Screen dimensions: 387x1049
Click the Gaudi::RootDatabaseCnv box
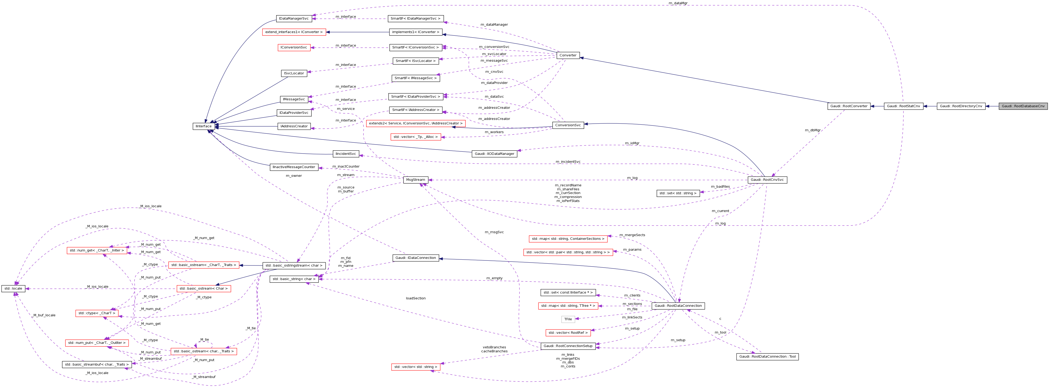tap(1023, 106)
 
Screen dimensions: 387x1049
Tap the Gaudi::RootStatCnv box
tap(903, 106)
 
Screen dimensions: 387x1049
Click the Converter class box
tap(568, 55)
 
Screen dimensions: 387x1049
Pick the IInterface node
tap(204, 126)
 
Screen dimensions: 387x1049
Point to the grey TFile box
tap(568, 319)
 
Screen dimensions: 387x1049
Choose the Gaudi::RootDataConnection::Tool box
tap(767, 357)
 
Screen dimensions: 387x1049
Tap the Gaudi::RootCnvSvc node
tap(767, 180)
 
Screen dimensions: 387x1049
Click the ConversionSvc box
tap(568, 125)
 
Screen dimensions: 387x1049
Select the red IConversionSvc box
tap(294, 47)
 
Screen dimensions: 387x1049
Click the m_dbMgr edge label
tap(812, 130)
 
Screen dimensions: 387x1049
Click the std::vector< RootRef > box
tap(568, 332)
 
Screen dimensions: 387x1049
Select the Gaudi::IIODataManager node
tap(495, 154)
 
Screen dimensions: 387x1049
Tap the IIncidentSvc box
tap(346, 154)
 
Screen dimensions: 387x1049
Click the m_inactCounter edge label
tap(346, 166)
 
